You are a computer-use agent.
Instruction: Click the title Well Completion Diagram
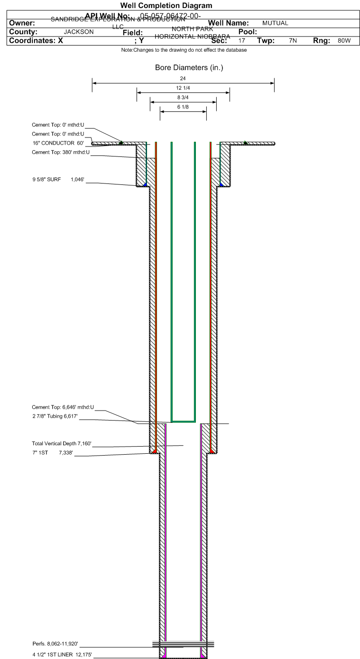[166, 6]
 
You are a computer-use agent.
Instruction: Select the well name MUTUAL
[275, 23]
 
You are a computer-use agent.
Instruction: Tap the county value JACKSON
[79, 32]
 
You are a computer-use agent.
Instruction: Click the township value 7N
[293, 41]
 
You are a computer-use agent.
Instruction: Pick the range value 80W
[344, 41]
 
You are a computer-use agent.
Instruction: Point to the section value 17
[242, 41]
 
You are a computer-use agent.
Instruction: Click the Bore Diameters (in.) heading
[189, 68]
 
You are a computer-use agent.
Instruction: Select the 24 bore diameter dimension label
[183, 78]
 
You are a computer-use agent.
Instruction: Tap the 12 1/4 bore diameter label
[183, 88]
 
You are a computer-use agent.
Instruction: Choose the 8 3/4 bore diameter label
[183, 98]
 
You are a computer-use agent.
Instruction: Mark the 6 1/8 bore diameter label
[183, 107]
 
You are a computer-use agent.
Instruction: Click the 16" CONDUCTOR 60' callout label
[57, 143]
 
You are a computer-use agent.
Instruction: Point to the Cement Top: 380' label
[57, 152]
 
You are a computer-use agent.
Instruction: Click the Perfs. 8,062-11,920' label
[55, 644]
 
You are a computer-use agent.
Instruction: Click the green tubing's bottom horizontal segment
[183, 421]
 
